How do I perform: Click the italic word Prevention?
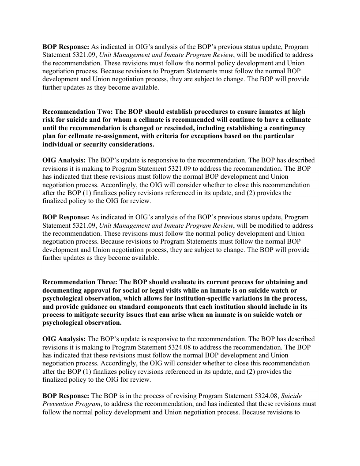pyautogui.click(x=60, y=404)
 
